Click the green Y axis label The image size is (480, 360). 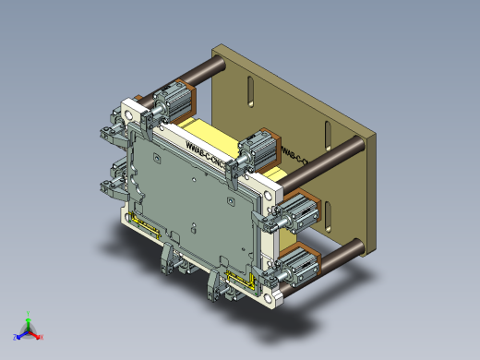click(x=30, y=313)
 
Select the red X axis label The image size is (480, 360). click(x=42, y=338)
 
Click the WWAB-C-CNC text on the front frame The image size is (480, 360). click(x=205, y=154)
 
